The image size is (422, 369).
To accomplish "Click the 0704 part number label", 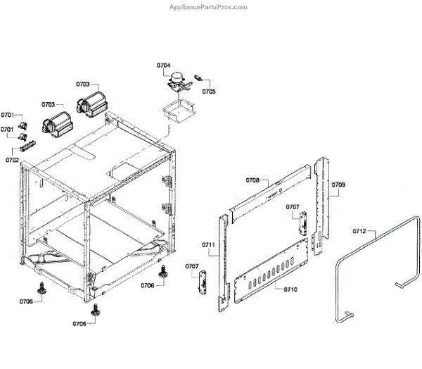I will point(163,65).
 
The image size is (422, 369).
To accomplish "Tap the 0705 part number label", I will point(209,92).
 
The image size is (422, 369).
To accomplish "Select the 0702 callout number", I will point(12,160).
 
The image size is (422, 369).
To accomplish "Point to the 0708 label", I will point(252,181).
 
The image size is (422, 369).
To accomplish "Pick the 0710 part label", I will point(290,289).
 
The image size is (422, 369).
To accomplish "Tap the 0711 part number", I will point(208,244).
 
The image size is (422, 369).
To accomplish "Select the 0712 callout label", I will point(359,231).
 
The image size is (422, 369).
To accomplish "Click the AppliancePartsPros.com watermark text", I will point(210,7).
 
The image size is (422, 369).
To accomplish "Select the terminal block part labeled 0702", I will point(29,146).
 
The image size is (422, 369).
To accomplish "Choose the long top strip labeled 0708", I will point(271,190).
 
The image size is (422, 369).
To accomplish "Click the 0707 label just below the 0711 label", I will point(191,266).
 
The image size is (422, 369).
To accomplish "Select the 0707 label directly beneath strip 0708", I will point(293,207).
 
